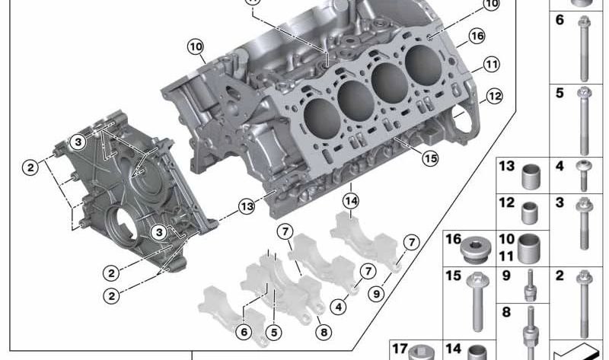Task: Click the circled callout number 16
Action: (x=477, y=36)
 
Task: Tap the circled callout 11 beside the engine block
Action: (x=491, y=64)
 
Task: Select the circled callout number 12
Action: (x=494, y=96)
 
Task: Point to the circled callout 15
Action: (x=430, y=158)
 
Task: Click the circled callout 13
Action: (x=247, y=206)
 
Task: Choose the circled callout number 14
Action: (x=351, y=201)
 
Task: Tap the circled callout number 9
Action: (x=376, y=294)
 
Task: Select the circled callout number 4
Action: (x=339, y=307)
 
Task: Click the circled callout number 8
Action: (x=324, y=332)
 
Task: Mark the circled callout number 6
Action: (x=244, y=332)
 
